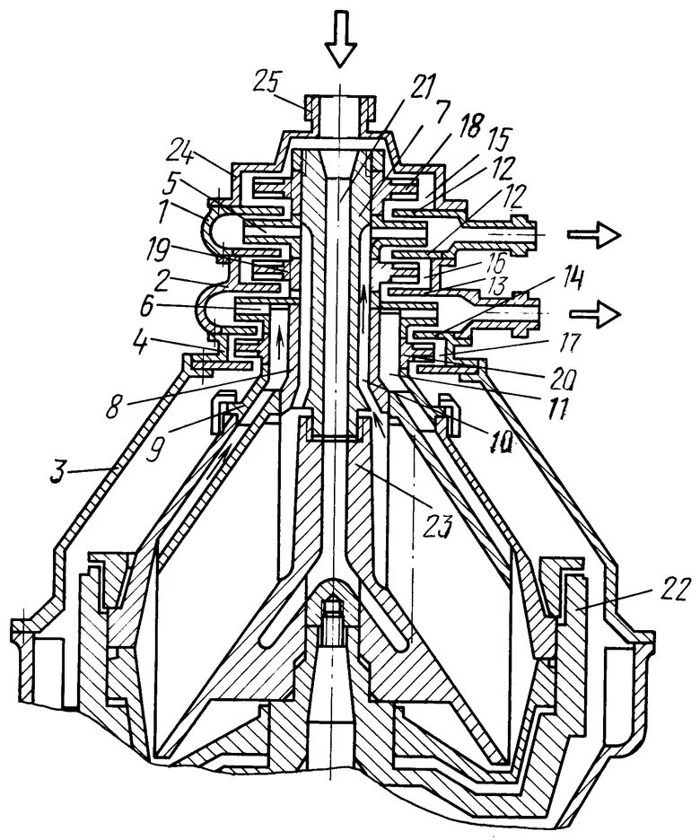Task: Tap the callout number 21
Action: coord(422,87)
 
